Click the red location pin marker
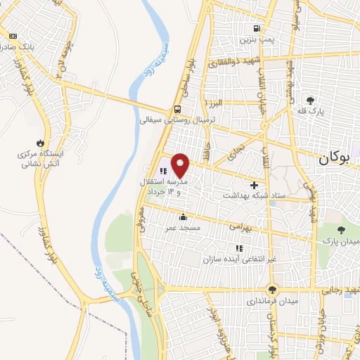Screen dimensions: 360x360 181,165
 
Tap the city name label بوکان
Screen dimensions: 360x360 333,159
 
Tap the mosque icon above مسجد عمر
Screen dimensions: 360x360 183,217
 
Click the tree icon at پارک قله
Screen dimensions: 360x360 311,100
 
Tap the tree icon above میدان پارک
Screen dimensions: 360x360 341,230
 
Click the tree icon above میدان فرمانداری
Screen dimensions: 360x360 273,289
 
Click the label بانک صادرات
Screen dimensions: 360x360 17,46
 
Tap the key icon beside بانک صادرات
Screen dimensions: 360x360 12,34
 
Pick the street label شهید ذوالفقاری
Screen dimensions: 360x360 233,62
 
